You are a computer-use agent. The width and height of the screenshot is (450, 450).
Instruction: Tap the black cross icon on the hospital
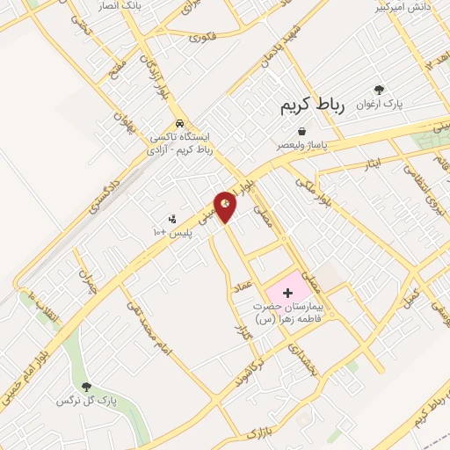click(287, 291)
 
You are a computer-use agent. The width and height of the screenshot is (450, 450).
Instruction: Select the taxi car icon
click(179, 123)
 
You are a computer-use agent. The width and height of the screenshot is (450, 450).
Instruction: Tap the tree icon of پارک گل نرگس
click(86, 386)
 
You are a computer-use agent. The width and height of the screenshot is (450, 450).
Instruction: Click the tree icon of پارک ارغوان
click(379, 90)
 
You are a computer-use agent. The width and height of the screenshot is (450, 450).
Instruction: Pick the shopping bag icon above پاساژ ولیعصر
click(301, 130)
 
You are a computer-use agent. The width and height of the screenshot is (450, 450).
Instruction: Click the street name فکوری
click(201, 38)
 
